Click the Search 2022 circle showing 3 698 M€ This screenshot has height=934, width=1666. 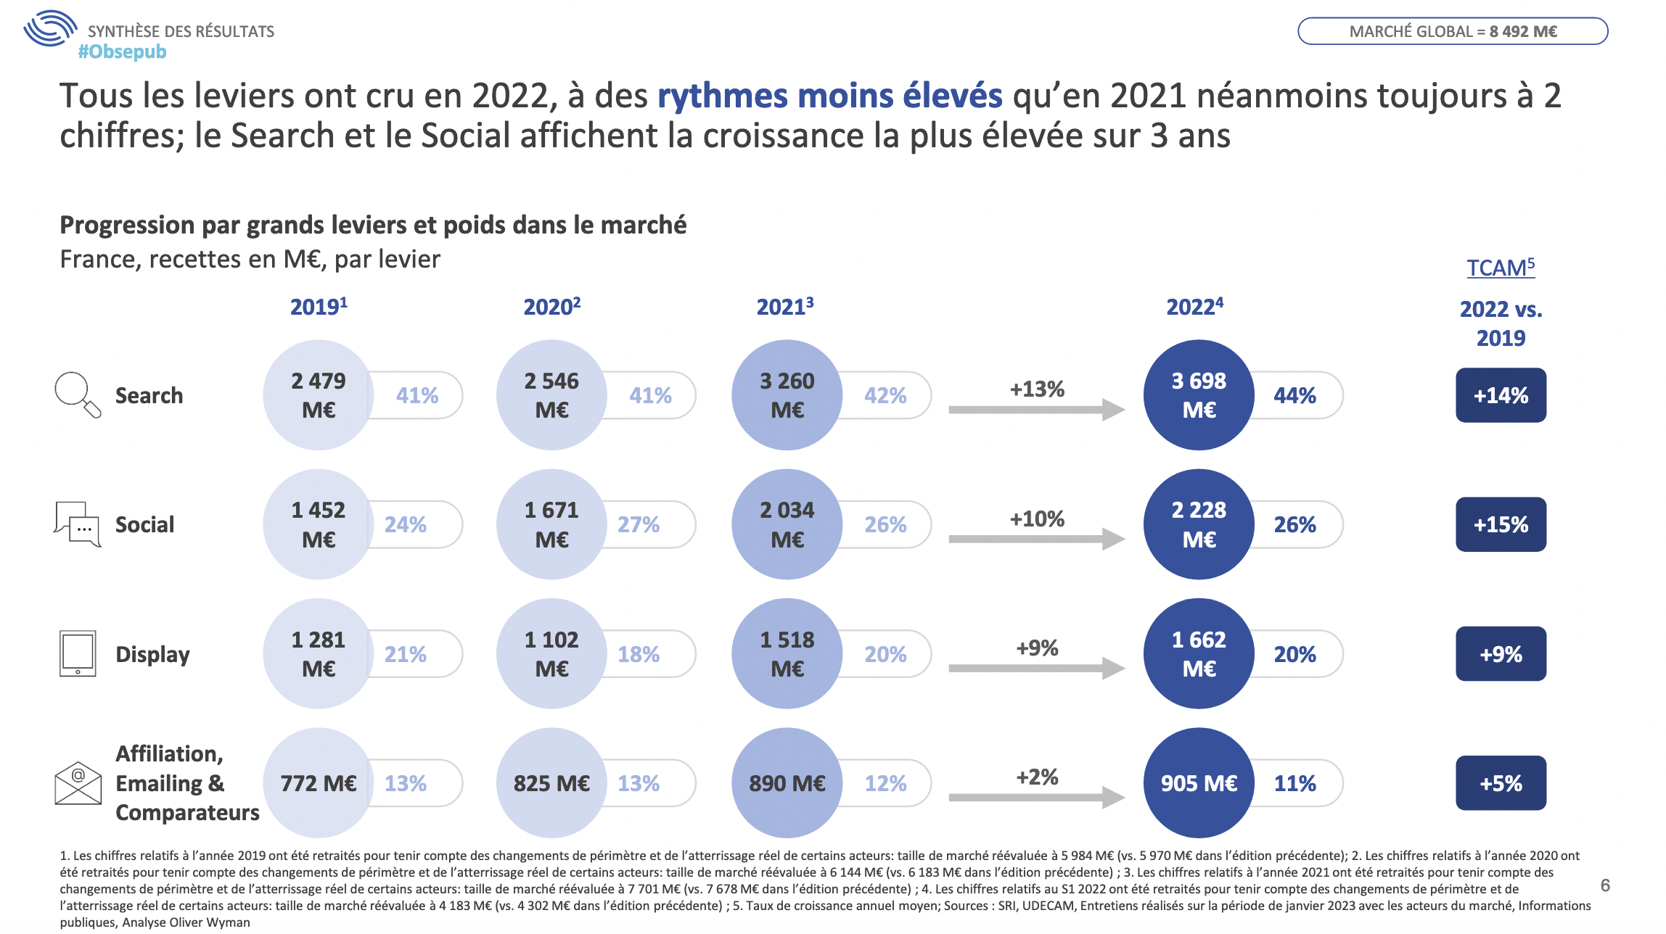coord(1199,395)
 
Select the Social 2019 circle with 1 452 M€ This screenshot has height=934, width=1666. coord(319,524)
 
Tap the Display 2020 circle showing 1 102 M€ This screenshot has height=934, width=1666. coord(551,653)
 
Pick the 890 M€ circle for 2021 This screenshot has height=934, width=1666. coord(787,783)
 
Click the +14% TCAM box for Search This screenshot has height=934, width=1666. coord(1501,395)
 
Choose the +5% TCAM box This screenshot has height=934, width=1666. coord(1501,783)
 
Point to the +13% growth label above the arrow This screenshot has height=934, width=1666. coord(1037,389)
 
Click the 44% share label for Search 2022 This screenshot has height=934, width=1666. coord(1295,395)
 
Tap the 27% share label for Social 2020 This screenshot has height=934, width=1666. coord(639,524)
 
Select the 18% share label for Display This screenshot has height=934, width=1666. coord(639,654)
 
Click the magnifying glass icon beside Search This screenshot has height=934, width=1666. coord(77,394)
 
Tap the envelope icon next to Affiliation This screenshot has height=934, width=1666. coord(78,783)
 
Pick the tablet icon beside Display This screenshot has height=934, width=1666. coord(78,653)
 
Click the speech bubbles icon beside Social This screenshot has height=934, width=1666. coord(78,524)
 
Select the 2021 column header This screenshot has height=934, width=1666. coord(784,307)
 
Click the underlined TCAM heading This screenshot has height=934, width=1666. coord(1501,268)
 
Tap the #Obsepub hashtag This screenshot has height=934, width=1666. coord(122,51)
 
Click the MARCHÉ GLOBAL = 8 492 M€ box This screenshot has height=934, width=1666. coord(1453,31)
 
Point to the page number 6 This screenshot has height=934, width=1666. coord(1605,885)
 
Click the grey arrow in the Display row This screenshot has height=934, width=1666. coord(1037,668)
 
